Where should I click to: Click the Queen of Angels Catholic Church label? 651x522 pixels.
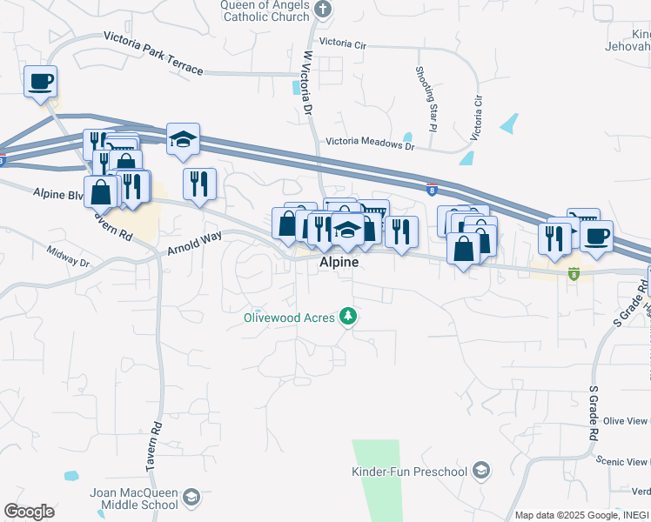click(x=265, y=10)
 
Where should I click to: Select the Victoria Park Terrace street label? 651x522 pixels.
click(x=153, y=52)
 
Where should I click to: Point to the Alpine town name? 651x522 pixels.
click(x=338, y=261)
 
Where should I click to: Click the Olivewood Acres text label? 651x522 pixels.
click(x=289, y=318)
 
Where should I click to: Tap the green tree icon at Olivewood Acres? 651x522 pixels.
click(x=348, y=315)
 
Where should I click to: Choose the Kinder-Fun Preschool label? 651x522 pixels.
click(x=409, y=472)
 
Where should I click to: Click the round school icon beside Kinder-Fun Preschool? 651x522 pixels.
click(x=480, y=472)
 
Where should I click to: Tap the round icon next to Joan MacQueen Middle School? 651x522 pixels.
click(x=191, y=499)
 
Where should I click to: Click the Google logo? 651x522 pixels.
click(x=29, y=512)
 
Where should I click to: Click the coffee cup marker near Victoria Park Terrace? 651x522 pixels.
click(x=40, y=83)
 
